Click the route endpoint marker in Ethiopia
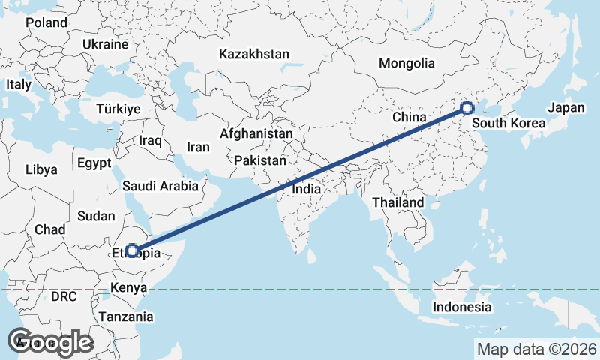[x=132, y=250]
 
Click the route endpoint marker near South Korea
[x=466, y=108]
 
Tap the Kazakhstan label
[x=254, y=54]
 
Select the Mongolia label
[x=406, y=63]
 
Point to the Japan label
[x=565, y=108]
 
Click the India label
[x=307, y=190]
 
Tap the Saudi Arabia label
[x=161, y=186]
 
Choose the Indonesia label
[x=462, y=307]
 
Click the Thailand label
[x=397, y=202]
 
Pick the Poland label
[x=46, y=22]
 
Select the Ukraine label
[x=106, y=44]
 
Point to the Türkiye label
[x=118, y=109]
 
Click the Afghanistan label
[x=256, y=133]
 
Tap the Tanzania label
[x=126, y=316]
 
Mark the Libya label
[x=40, y=170]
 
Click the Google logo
[x=50, y=342]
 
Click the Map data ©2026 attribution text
[x=537, y=349]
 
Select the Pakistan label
[x=260, y=160]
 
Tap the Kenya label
[x=128, y=287]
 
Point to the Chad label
[x=49, y=229]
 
